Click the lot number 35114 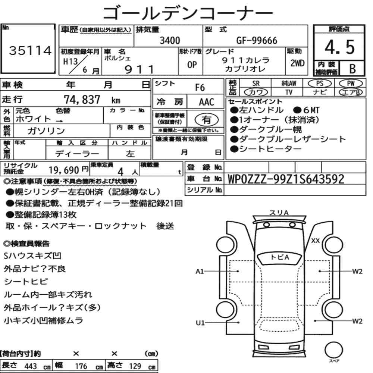(x=30, y=51)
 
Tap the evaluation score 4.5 (x=339, y=47)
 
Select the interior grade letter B (x=352, y=69)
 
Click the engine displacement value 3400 (x=170, y=40)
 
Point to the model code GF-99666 (x=257, y=41)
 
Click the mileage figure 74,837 (x=82, y=100)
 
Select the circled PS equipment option (x=320, y=84)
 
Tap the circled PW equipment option (x=351, y=84)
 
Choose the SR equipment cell (x=256, y=84)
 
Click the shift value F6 (x=200, y=88)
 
